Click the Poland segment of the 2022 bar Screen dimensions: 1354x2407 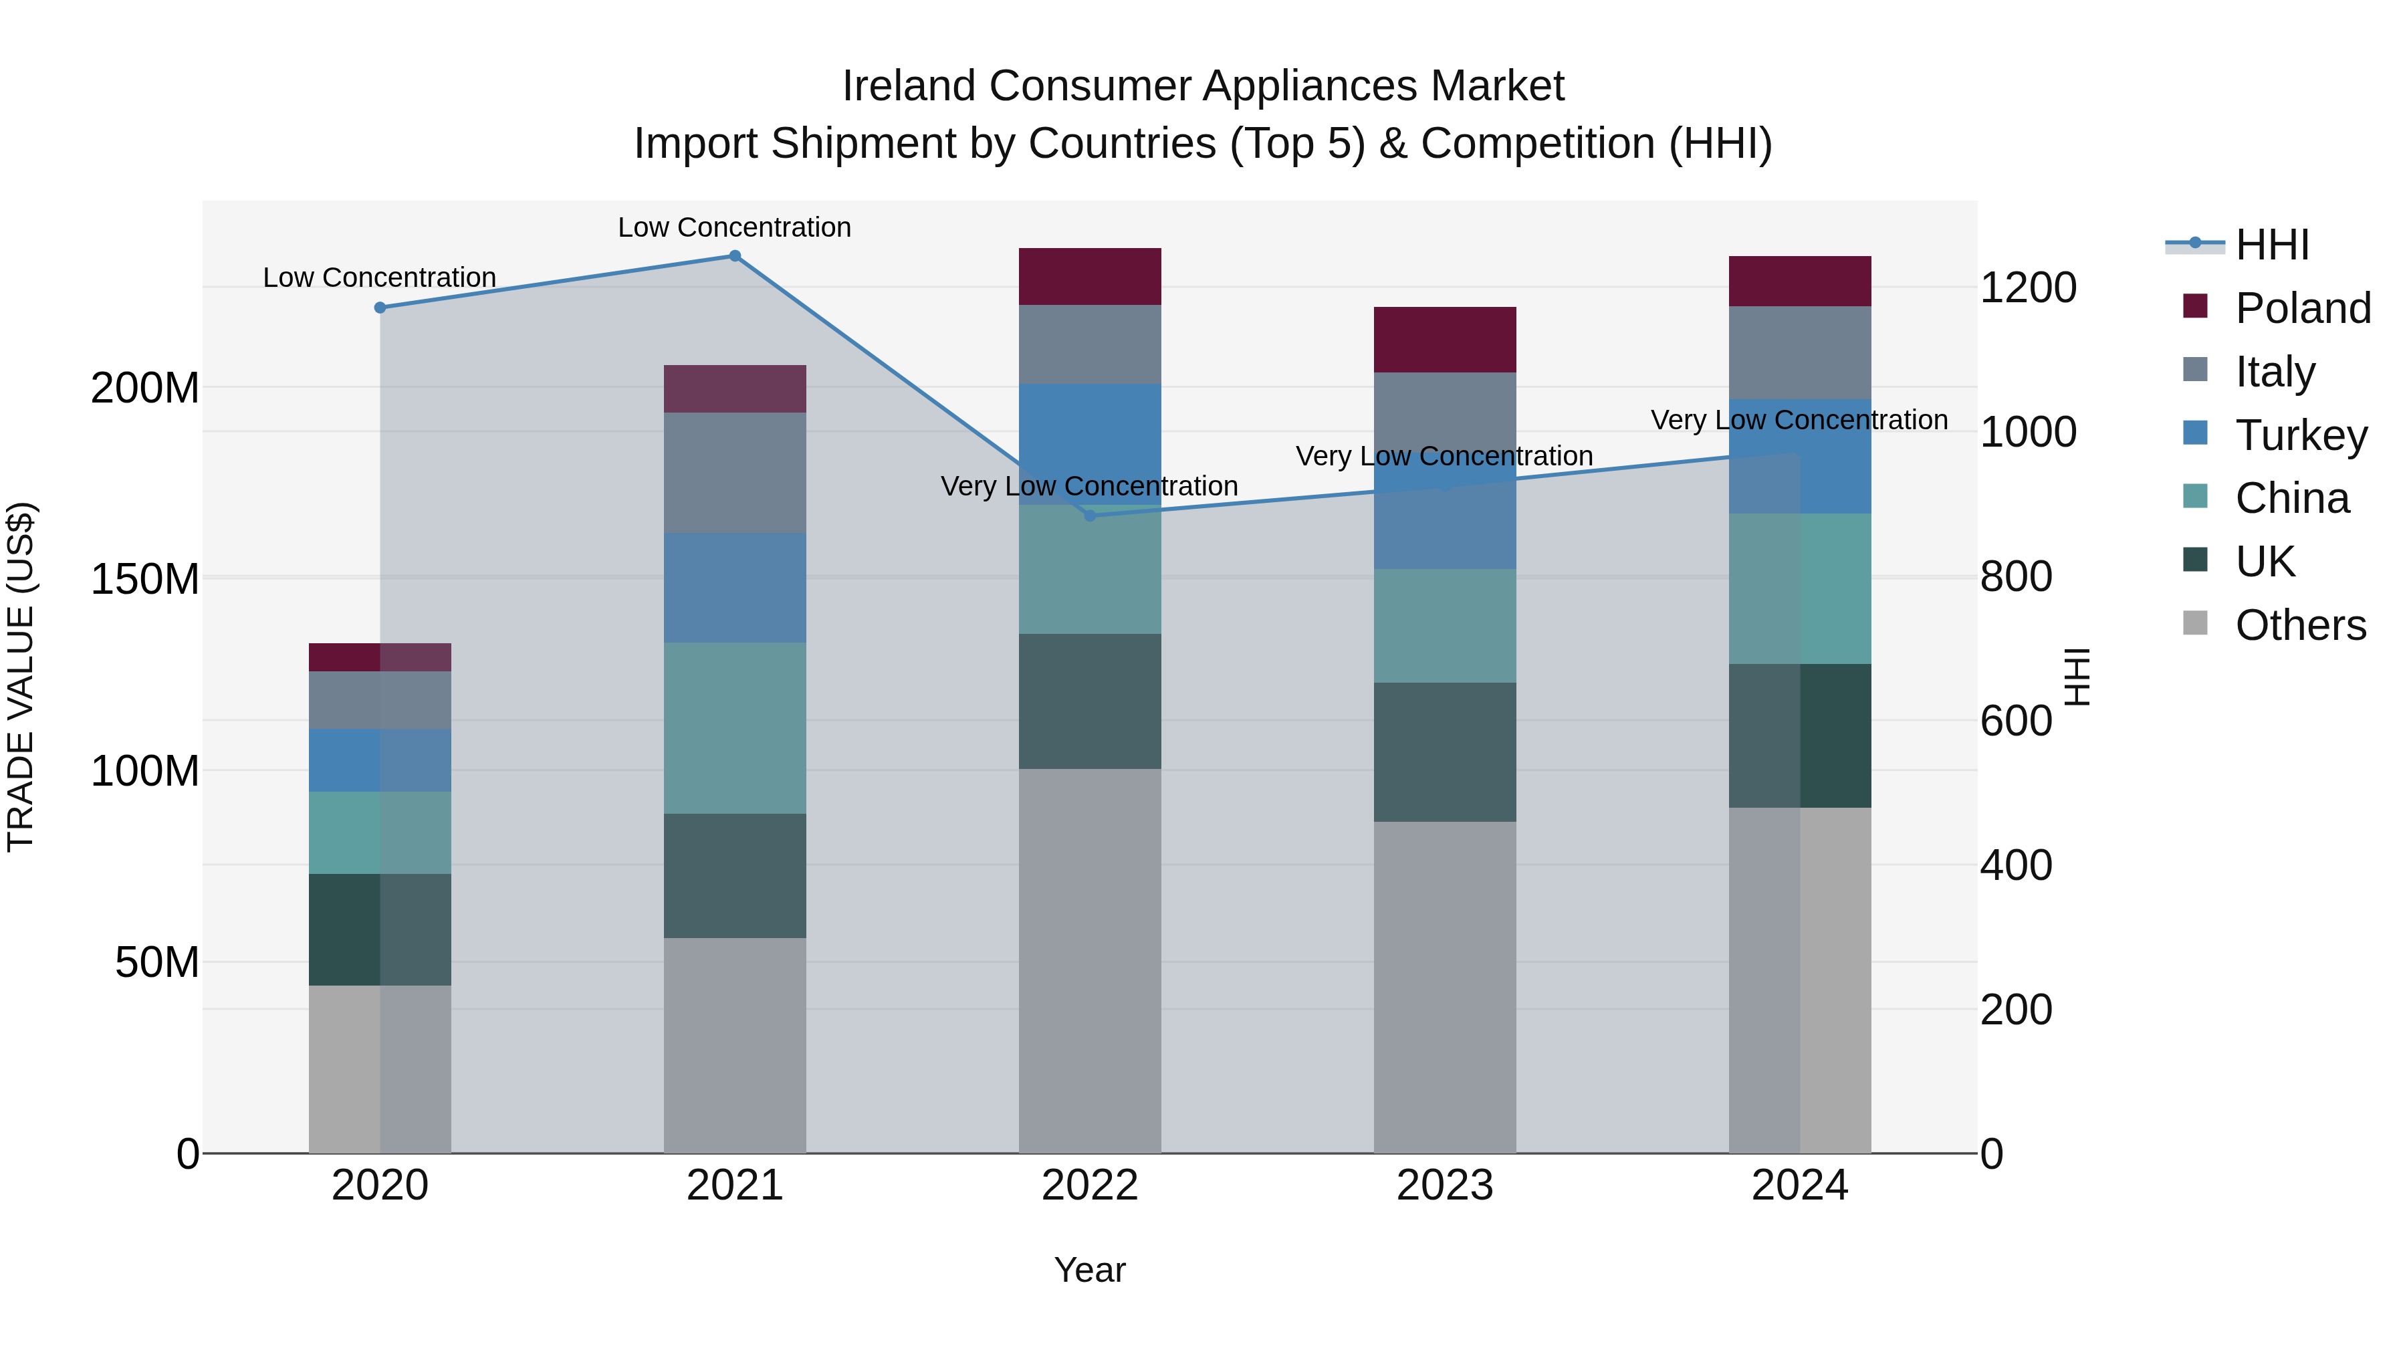tap(1090, 277)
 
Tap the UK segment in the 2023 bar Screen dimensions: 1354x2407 tap(1445, 752)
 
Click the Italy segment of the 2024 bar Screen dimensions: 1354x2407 tap(1800, 352)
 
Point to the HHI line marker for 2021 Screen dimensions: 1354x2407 tap(734, 256)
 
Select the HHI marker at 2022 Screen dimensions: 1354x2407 tap(1090, 516)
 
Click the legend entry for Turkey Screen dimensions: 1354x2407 tap(2301, 435)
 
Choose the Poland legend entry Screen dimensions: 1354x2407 tap(2302, 308)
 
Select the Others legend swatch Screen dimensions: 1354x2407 tap(2196, 623)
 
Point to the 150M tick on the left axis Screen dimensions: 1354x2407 tap(145, 579)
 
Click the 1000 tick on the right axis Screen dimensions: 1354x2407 tap(2028, 432)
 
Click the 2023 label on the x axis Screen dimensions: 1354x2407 tap(1445, 1186)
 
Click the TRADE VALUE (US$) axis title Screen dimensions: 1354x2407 tap(21, 677)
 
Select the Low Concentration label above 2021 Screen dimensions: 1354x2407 tap(734, 227)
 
